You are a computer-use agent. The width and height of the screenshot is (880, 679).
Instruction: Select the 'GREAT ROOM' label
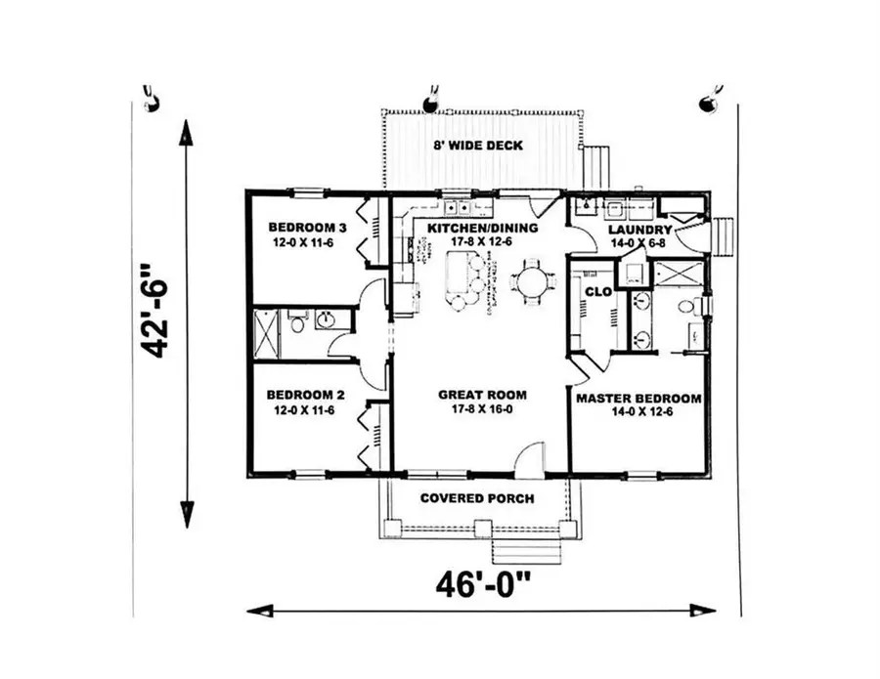point(482,395)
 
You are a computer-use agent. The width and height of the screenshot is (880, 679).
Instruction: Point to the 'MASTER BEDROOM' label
point(638,399)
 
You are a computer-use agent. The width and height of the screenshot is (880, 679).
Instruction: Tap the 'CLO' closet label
point(597,291)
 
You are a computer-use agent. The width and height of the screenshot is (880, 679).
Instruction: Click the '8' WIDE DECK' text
point(478,146)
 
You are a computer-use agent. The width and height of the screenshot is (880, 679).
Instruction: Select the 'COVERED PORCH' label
point(477,498)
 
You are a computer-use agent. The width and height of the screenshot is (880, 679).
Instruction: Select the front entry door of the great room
point(528,459)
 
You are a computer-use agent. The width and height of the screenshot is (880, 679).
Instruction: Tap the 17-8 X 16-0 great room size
point(482,410)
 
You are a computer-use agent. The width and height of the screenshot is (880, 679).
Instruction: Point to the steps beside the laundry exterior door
point(725,235)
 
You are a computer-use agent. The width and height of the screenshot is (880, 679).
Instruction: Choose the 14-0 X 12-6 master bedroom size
point(638,413)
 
